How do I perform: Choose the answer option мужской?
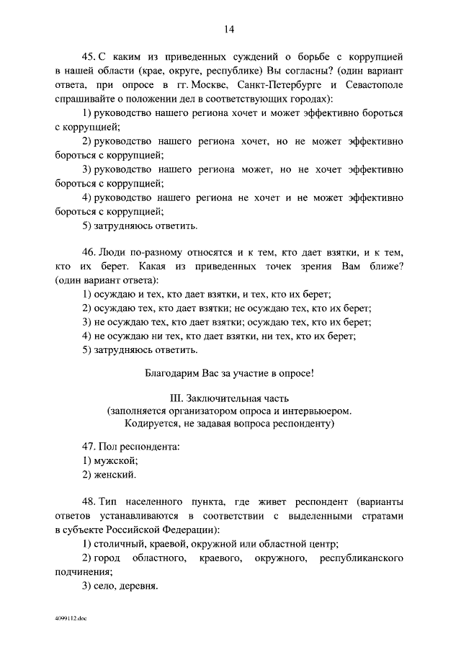[116, 460]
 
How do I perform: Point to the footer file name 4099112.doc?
[70, 618]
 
